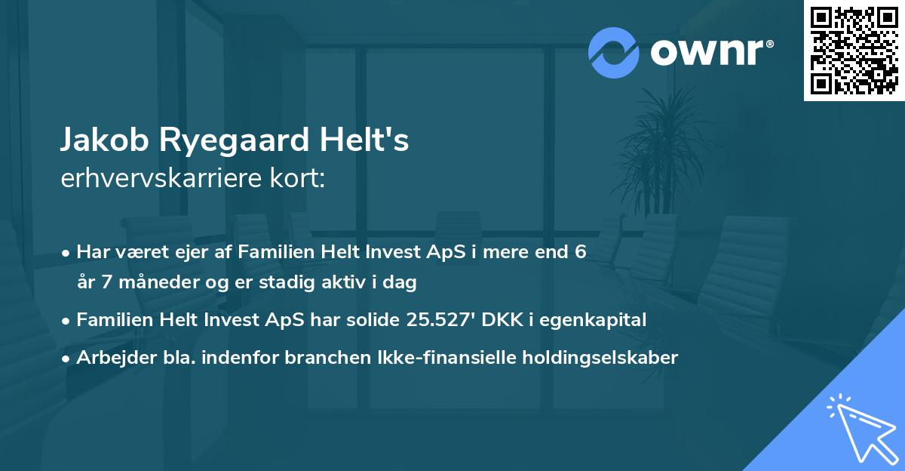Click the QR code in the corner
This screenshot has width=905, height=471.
pos(854,50)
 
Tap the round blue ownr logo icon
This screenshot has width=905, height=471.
pos(614,52)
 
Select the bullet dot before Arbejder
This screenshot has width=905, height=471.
pos(67,359)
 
